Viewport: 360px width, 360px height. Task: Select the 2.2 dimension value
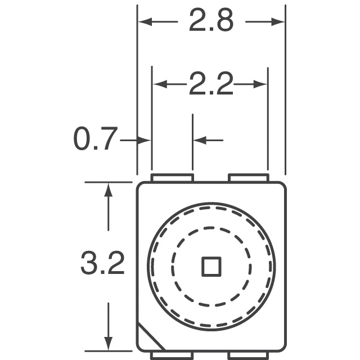click(210, 85)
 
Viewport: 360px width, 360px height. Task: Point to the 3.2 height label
click(102, 263)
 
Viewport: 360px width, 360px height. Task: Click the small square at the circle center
click(211, 266)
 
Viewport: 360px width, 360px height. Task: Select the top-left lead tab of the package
click(172, 178)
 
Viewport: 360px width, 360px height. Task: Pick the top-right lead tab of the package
click(247, 178)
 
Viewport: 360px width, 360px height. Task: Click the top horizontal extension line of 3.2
click(107, 182)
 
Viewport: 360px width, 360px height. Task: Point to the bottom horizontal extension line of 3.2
click(107, 351)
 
